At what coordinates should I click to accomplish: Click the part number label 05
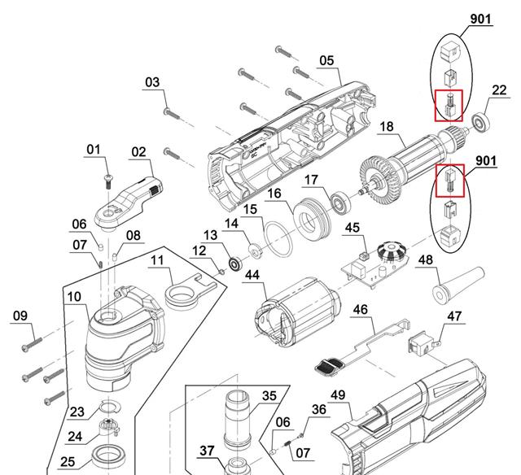tap(326, 60)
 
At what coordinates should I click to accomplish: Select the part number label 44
tap(252, 277)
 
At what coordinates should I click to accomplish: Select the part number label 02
tap(138, 152)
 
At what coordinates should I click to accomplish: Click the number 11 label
tap(158, 260)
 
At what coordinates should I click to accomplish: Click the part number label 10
tap(74, 297)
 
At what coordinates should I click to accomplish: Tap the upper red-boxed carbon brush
tap(449, 105)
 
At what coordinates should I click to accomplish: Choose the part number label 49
tap(338, 395)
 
